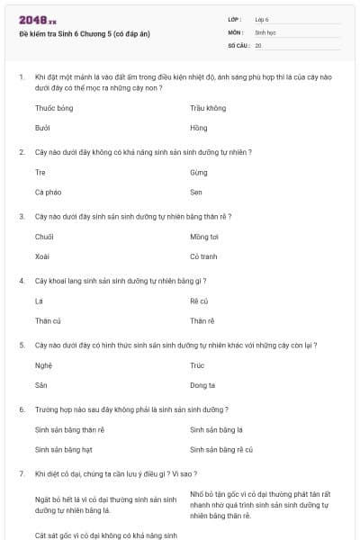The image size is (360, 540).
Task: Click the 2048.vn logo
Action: (37, 20)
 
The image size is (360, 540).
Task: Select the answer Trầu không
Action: (208, 108)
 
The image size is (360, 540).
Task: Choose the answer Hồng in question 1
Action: (198, 129)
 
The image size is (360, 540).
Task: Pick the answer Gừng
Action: (199, 172)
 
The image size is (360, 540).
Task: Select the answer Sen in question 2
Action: (196, 193)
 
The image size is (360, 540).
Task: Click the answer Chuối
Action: (44, 237)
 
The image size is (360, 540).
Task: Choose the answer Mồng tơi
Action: (204, 237)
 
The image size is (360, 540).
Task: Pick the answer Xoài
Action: (42, 256)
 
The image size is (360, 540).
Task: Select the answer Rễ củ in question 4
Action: (199, 301)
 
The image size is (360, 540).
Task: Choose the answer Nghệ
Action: (43, 365)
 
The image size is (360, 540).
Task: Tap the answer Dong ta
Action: (202, 385)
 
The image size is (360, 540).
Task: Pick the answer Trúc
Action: (198, 365)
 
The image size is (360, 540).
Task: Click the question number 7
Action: (21, 473)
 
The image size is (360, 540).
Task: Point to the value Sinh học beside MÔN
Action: (265, 31)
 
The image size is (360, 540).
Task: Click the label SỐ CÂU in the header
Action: (237, 44)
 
